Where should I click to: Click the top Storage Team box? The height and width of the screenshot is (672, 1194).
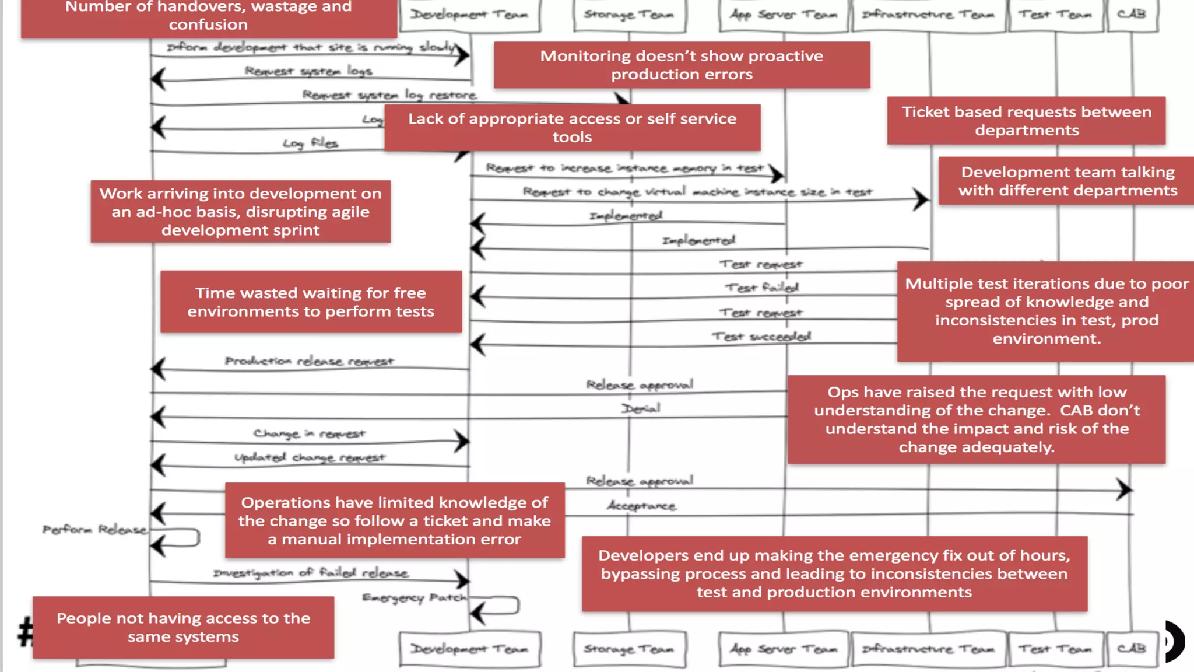tap(629, 15)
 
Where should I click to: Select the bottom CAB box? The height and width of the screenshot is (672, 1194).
tap(1132, 648)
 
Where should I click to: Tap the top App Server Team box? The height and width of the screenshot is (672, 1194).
tap(783, 15)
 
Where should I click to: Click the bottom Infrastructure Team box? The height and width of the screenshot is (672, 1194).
tap(928, 648)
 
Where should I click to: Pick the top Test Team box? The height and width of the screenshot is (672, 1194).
tap(1055, 15)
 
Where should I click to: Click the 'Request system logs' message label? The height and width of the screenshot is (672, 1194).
tap(308, 71)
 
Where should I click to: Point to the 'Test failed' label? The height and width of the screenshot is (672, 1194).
tap(761, 288)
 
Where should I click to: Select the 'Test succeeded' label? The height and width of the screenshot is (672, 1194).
tap(761, 337)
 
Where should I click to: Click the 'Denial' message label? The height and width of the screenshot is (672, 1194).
tap(640, 408)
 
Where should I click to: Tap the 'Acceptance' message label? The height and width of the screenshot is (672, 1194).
tap(641, 506)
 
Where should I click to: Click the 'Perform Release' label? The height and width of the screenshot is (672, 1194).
tap(94, 530)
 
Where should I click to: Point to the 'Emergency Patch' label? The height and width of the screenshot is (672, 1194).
tap(414, 598)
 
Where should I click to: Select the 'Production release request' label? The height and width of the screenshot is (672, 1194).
tap(310, 361)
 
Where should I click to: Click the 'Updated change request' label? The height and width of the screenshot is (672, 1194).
tap(310, 457)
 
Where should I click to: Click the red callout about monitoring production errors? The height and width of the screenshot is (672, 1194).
tap(682, 65)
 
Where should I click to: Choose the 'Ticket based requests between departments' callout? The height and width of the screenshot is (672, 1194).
tap(1026, 121)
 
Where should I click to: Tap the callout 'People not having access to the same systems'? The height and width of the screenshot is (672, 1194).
tap(183, 627)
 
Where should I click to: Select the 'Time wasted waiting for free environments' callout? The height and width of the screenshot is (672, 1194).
tap(311, 302)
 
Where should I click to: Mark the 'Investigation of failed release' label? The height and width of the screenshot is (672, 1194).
tap(310, 573)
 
